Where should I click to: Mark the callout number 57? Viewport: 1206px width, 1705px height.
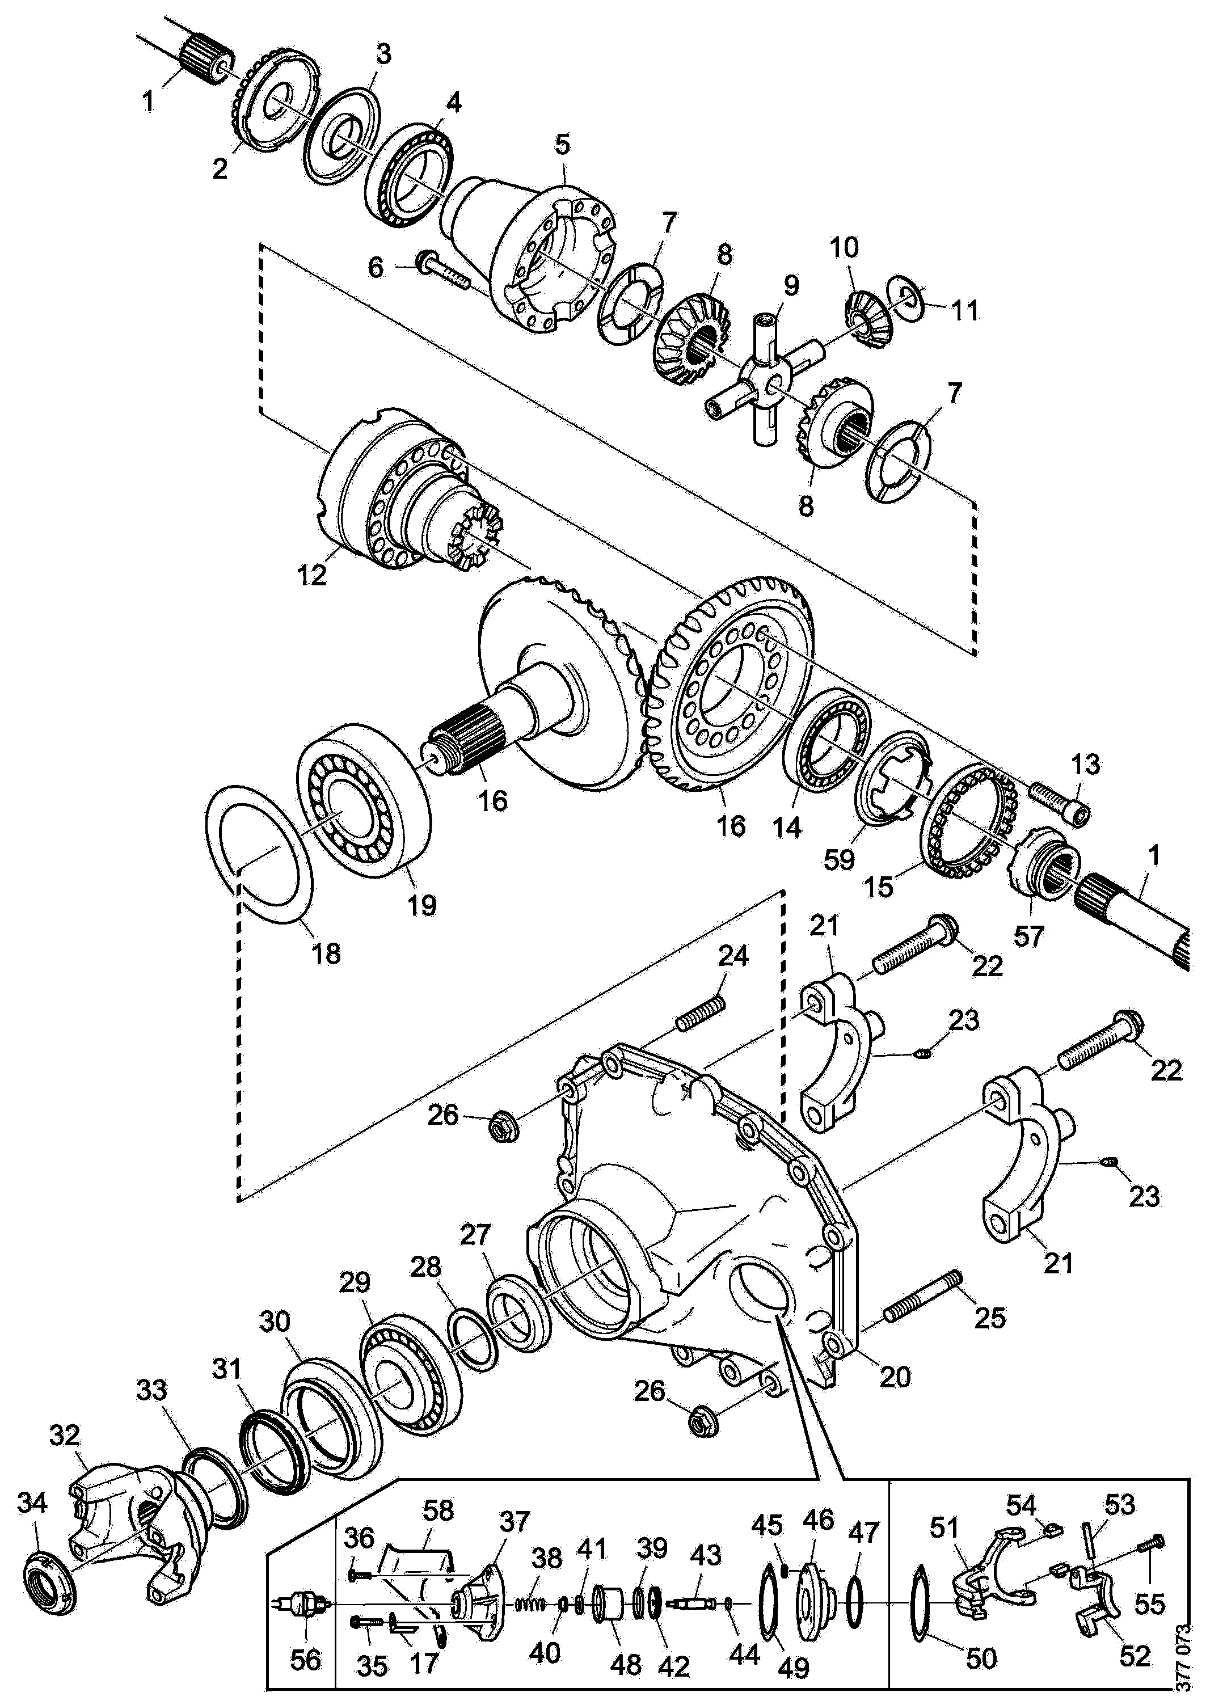(x=1029, y=936)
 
